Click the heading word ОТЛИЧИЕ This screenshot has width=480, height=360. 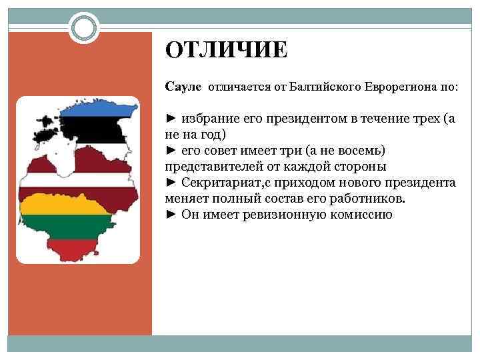(x=227, y=50)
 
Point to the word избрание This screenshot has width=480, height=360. (x=209, y=119)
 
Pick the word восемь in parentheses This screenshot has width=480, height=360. (x=361, y=151)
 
